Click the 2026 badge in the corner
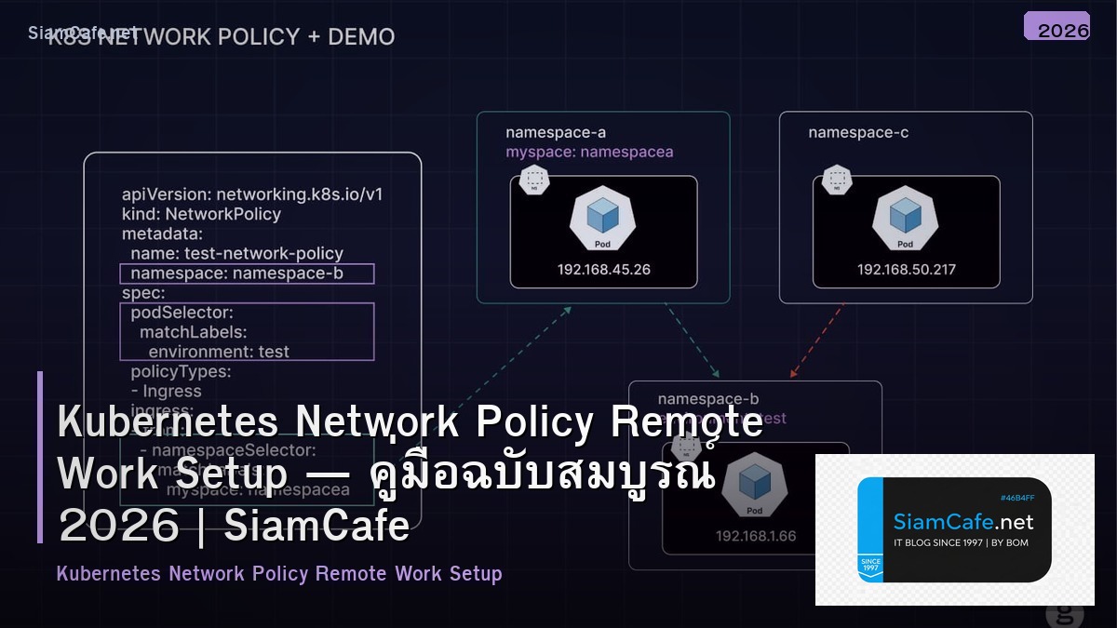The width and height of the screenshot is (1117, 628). pyautogui.click(x=1056, y=27)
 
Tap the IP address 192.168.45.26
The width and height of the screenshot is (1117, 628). pyautogui.click(x=603, y=270)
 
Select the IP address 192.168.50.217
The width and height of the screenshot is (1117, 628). pyautogui.click(x=906, y=270)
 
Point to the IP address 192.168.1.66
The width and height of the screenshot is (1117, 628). pyautogui.click(x=756, y=536)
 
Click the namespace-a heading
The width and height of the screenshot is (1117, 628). pyautogui.click(x=556, y=132)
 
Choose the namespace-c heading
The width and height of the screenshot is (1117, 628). pyautogui.click(x=858, y=132)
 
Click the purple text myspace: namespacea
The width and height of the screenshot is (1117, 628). pyautogui.click(x=589, y=152)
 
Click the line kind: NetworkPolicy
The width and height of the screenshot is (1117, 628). pyautogui.click(x=201, y=214)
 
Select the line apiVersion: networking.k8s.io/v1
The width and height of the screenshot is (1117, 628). pyautogui.click(x=252, y=194)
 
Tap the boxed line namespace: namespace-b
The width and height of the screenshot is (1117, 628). pyautogui.click(x=247, y=274)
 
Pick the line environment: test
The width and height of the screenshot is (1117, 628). pyautogui.click(x=219, y=352)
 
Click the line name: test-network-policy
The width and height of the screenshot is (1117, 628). pyautogui.click(x=236, y=253)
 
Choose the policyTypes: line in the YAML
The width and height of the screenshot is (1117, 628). pyautogui.click(x=181, y=372)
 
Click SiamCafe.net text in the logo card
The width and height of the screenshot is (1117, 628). pyautogui.click(x=963, y=521)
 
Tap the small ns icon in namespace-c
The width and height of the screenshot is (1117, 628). pyautogui.click(x=838, y=179)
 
